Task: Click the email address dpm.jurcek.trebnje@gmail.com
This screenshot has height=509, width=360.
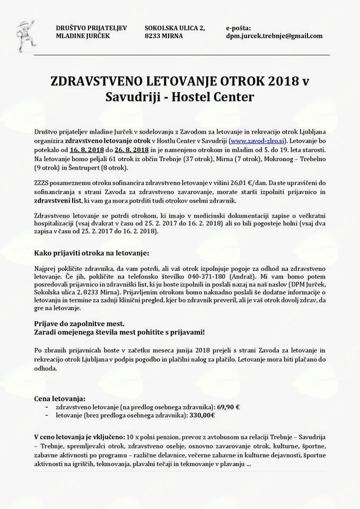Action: [x=274, y=36]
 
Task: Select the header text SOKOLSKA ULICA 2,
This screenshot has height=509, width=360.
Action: [x=174, y=28]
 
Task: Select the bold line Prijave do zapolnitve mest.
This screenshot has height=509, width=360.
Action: [x=79, y=323]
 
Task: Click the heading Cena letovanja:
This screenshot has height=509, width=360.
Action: [x=59, y=398]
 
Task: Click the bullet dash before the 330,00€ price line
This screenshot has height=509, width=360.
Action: [x=48, y=415]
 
